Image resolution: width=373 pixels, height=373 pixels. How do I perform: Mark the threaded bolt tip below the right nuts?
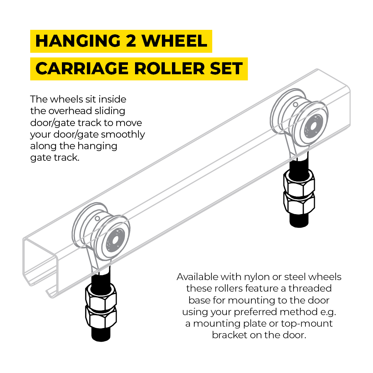click(x=298, y=220)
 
